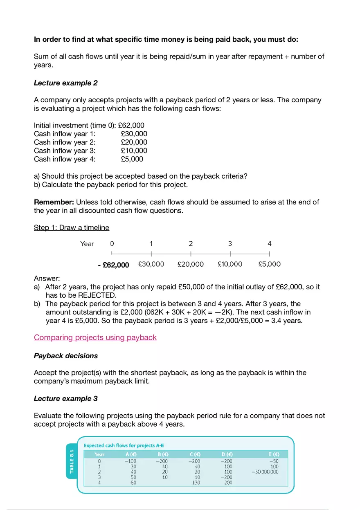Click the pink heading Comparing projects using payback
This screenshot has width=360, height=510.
pos(95,338)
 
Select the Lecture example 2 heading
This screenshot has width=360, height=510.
pos(65,83)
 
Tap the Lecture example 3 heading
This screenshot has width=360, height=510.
pos(65,399)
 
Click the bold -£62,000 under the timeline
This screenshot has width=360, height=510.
pos(113,265)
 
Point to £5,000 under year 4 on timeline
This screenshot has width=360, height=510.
pos(269,264)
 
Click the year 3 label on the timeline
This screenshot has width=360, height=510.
pos(230,244)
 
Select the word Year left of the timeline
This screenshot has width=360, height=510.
pos(87,244)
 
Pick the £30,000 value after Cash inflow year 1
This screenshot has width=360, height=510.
pos(134,134)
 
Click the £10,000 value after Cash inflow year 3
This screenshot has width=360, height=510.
pos(134,151)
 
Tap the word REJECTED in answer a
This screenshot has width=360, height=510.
pos(97,295)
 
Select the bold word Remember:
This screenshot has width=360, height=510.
pos(54,202)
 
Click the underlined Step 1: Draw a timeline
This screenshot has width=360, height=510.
pos(72,227)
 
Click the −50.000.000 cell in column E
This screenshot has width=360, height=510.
pos(265,472)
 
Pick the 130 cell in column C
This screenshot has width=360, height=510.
pos(196,483)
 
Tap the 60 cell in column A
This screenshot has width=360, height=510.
pos(133,483)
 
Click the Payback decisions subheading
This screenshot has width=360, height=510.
pos(65,356)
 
